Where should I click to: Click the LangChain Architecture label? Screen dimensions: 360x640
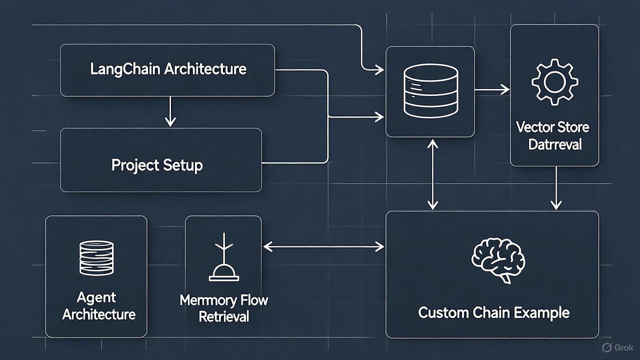pos(168,68)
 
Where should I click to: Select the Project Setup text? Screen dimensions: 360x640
pos(157,165)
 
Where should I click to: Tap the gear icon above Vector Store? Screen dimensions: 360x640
pos(554,82)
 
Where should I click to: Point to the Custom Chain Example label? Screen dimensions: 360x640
pos(493,313)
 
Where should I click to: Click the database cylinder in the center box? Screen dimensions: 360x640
pos(430,91)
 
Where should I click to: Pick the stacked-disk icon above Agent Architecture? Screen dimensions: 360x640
pos(96,257)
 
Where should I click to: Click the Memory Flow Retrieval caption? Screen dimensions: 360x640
pos(223,308)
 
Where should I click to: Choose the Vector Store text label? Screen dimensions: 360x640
pos(552,127)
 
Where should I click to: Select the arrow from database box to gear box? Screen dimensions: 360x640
pos(492,90)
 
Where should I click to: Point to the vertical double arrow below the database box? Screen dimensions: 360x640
pos(433,174)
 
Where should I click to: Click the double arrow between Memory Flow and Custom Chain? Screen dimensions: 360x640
pos(323,245)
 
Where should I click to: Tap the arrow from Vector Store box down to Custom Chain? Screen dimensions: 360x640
pos(556,188)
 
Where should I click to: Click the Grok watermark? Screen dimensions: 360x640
pos(618,347)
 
